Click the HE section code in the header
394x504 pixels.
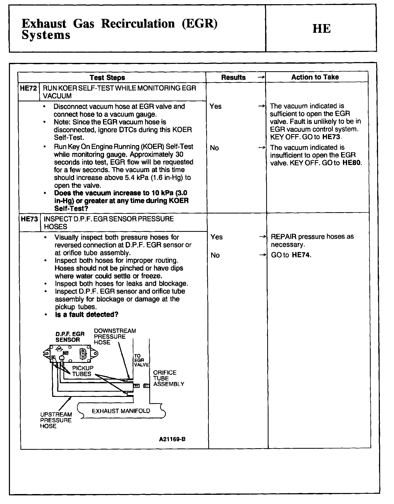[x=321, y=29]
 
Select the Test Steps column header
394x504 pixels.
[x=107, y=78]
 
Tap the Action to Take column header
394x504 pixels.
[x=315, y=77]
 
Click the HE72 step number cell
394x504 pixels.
[x=29, y=88]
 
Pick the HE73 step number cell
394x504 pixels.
[x=29, y=219]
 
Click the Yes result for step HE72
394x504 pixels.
[x=216, y=106]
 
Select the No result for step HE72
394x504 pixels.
[x=214, y=148]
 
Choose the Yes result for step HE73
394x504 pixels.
[x=216, y=237]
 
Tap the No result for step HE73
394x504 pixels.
[x=215, y=255]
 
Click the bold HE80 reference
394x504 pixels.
[x=352, y=163]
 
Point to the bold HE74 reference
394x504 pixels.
[x=301, y=255]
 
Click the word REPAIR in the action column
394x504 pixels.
[x=283, y=237]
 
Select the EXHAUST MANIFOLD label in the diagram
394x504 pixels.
[x=121, y=411]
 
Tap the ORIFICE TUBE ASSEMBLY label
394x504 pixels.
[x=168, y=378]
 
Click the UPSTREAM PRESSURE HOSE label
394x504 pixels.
[x=56, y=420]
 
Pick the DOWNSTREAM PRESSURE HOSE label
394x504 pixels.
[x=115, y=337]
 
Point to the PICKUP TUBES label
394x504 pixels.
[x=82, y=371]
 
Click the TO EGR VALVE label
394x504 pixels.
[x=141, y=360]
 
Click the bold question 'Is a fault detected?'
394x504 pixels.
[x=86, y=315]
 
